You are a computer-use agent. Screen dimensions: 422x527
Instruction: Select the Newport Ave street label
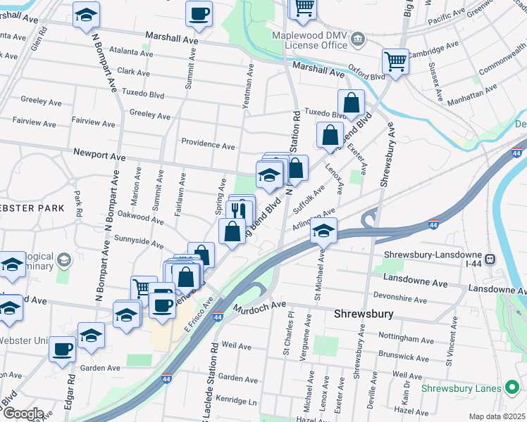coord(99,154)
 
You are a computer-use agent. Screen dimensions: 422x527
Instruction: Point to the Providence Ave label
coord(208,146)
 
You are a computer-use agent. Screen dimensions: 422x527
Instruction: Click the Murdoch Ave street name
coord(260,307)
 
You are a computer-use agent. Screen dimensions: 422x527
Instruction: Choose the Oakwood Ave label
coord(141,215)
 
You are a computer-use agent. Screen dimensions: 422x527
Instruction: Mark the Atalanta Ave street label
coord(125,51)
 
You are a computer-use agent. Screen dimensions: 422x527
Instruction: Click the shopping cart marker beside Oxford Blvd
coord(395,61)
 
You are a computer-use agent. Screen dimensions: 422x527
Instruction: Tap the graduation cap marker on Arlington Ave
coord(323,231)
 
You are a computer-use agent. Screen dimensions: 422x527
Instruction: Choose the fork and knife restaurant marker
coord(241,210)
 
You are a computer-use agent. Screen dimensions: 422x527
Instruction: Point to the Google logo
coord(23,414)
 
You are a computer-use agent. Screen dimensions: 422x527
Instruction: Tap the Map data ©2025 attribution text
coord(497,416)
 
